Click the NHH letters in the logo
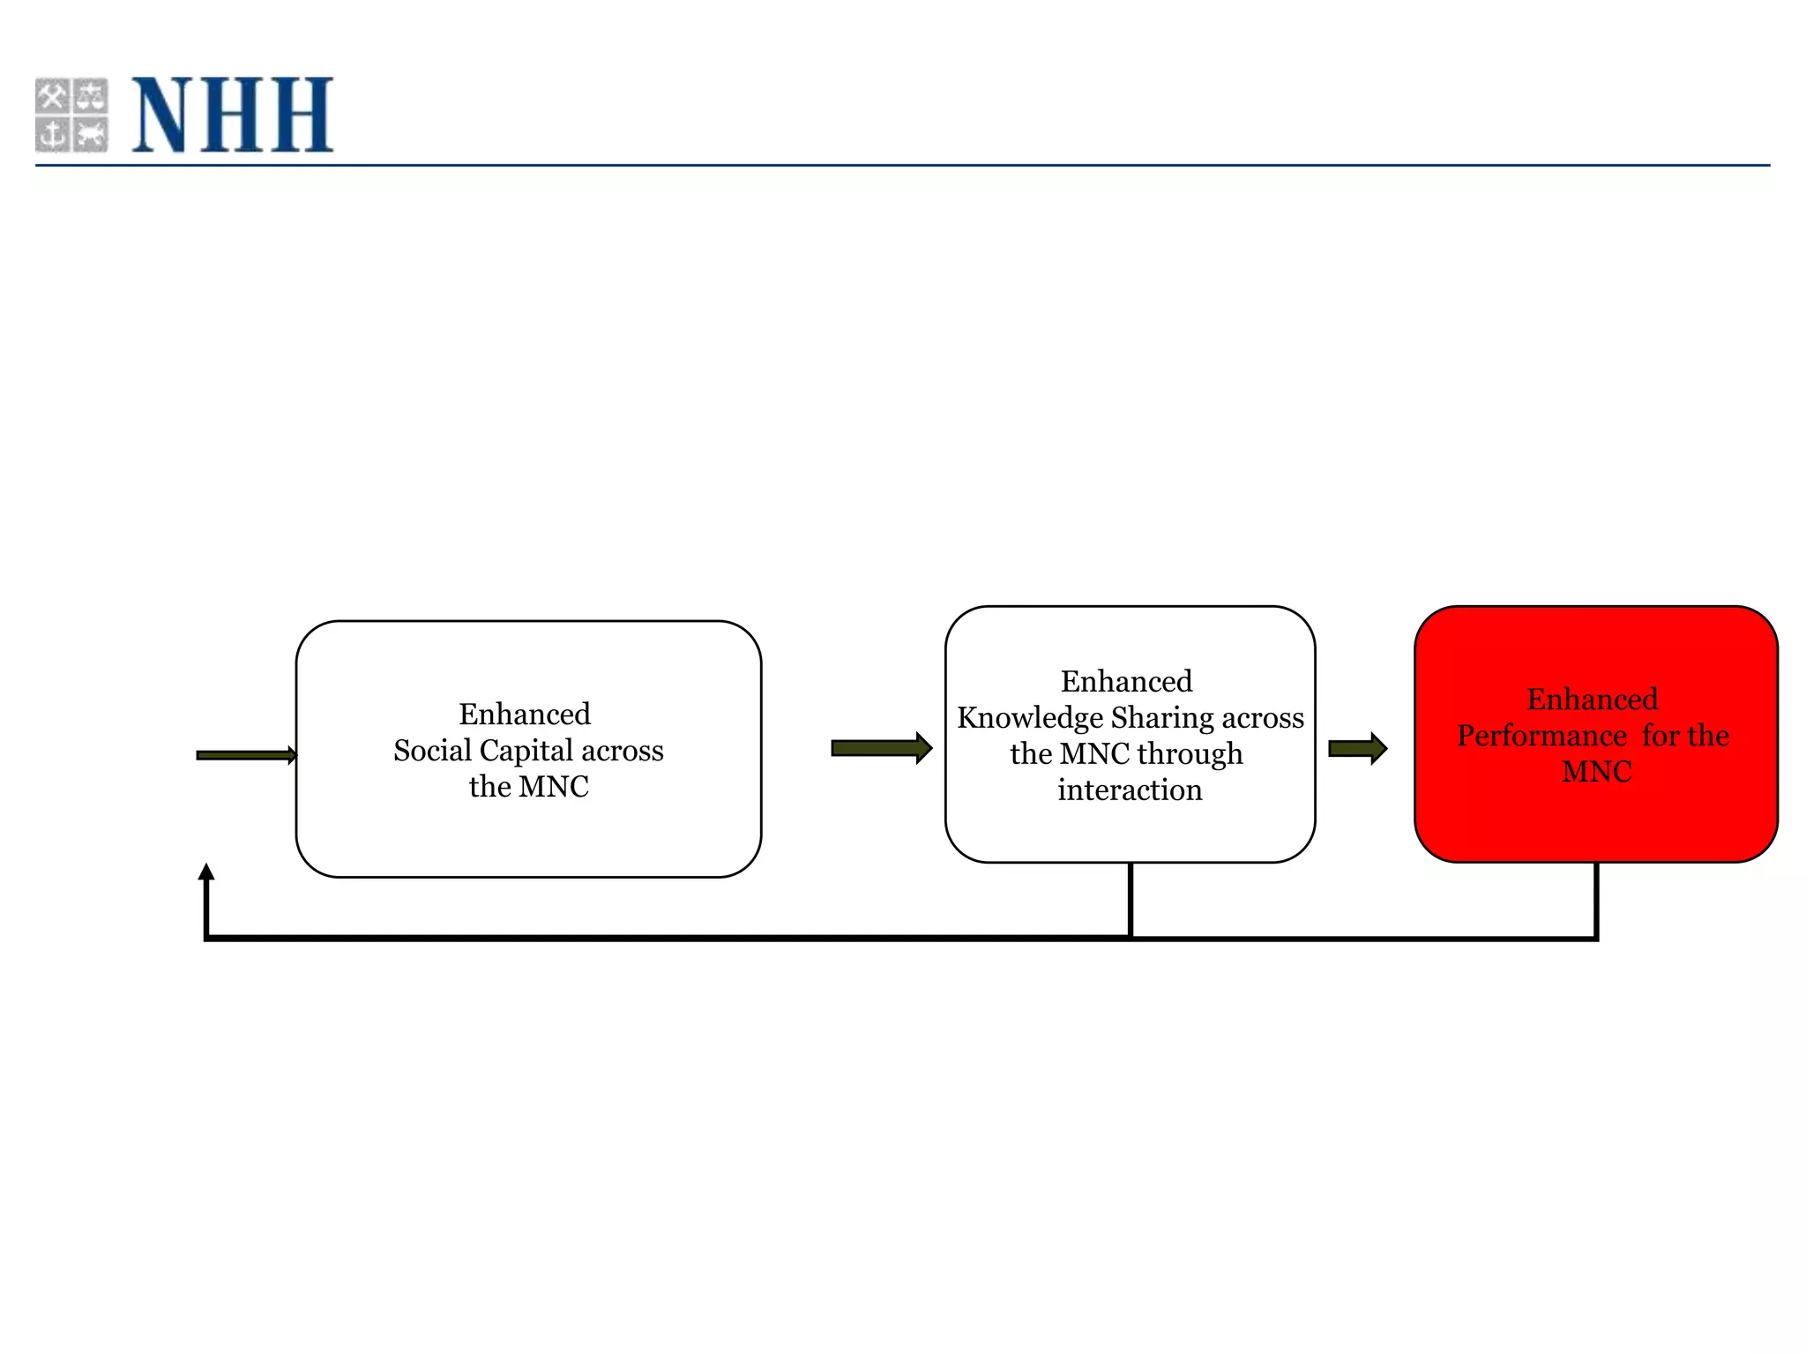point(233,115)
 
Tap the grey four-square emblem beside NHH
point(71,115)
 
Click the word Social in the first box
point(432,751)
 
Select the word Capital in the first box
point(526,751)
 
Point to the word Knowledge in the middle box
point(1029,718)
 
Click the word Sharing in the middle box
point(1161,718)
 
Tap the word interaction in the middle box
point(1130,790)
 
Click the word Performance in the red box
point(1541,736)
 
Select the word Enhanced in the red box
point(1593,700)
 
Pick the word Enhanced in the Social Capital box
point(525,714)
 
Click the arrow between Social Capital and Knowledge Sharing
point(881,748)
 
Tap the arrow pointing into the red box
point(1357,749)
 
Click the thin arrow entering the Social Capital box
point(246,755)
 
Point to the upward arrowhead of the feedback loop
point(206,872)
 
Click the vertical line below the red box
point(1596,900)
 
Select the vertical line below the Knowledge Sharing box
point(1131,900)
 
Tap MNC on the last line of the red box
point(1596,772)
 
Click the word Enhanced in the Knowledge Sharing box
point(1126,682)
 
